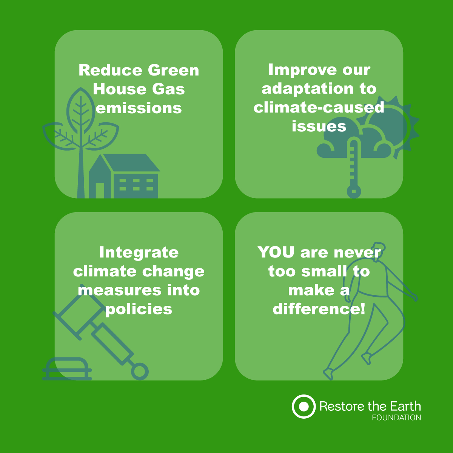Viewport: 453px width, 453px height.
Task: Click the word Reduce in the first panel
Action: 110,70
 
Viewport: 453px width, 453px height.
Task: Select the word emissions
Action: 139,108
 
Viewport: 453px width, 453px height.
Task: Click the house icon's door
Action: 100,190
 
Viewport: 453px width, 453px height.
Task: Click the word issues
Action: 319,126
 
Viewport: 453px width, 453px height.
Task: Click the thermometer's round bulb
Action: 354,191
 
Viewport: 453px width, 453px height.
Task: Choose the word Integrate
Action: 139,253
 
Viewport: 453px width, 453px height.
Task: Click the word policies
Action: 139,310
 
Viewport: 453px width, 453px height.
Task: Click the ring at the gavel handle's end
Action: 140,372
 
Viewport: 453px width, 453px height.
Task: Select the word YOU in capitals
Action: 276,253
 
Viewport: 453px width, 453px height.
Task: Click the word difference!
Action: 319,309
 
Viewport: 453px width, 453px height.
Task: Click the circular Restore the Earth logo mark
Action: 304,407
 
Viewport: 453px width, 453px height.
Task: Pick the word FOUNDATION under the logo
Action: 396,418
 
